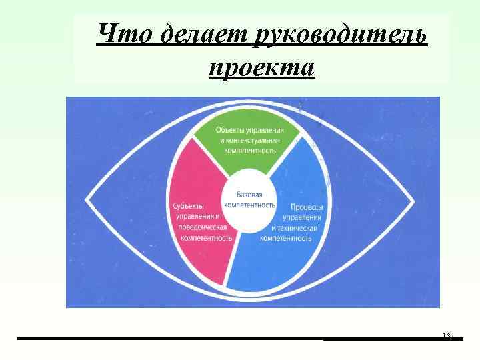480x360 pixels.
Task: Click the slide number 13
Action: [x=447, y=335]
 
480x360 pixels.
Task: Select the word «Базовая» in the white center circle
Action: [x=251, y=193]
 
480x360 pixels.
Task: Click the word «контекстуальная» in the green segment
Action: [x=255, y=141]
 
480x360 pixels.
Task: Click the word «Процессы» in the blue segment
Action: [x=307, y=207]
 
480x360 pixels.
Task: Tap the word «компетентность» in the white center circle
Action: [x=249, y=204]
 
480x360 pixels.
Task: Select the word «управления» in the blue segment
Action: [x=303, y=217]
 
